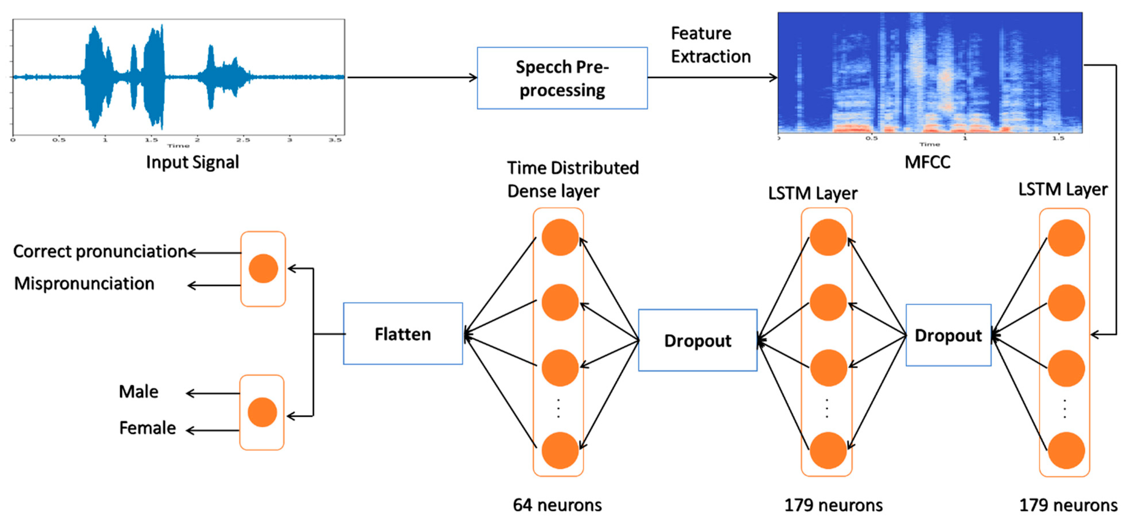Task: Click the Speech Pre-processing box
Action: [x=562, y=78]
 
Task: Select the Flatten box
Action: [x=403, y=334]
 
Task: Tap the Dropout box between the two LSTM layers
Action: [x=948, y=335]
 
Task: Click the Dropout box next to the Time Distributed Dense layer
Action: [x=697, y=341]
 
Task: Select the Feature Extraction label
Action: [x=711, y=45]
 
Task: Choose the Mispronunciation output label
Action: [x=84, y=284]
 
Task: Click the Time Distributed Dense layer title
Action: [x=573, y=180]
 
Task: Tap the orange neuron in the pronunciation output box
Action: [x=263, y=268]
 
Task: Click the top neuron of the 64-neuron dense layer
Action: [x=560, y=237]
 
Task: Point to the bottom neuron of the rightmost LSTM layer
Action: [x=1066, y=451]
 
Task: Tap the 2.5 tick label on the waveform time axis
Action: [x=243, y=140]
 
